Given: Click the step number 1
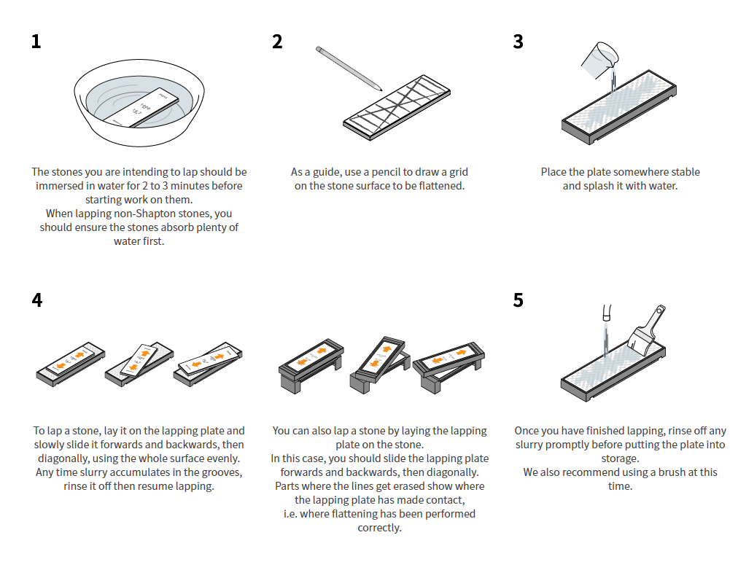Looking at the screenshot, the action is pyautogui.click(x=36, y=42).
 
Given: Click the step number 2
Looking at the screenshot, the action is pyautogui.click(x=277, y=42).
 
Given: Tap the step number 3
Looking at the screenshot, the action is pyautogui.click(x=519, y=42).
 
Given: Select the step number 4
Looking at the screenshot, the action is pyautogui.click(x=36, y=300).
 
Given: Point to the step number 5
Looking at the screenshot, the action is pyautogui.click(x=519, y=300).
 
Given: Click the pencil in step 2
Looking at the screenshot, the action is pyautogui.click(x=349, y=69).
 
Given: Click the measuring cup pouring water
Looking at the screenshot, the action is pyautogui.click(x=599, y=60).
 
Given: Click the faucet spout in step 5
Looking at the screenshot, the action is pyautogui.click(x=607, y=313).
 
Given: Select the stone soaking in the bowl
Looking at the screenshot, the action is pyautogui.click(x=141, y=107).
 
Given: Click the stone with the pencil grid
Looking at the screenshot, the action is pyautogui.click(x=397, y=107).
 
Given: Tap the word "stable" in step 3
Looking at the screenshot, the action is pyautogui.click(x=684, y=172).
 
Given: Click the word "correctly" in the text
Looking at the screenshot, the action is pyautogui.click(x=379, y=528).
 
